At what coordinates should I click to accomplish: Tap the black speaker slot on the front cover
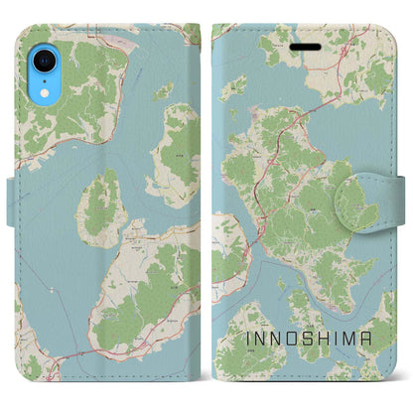[300, 42]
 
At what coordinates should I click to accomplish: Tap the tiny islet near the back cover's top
[162, 90]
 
